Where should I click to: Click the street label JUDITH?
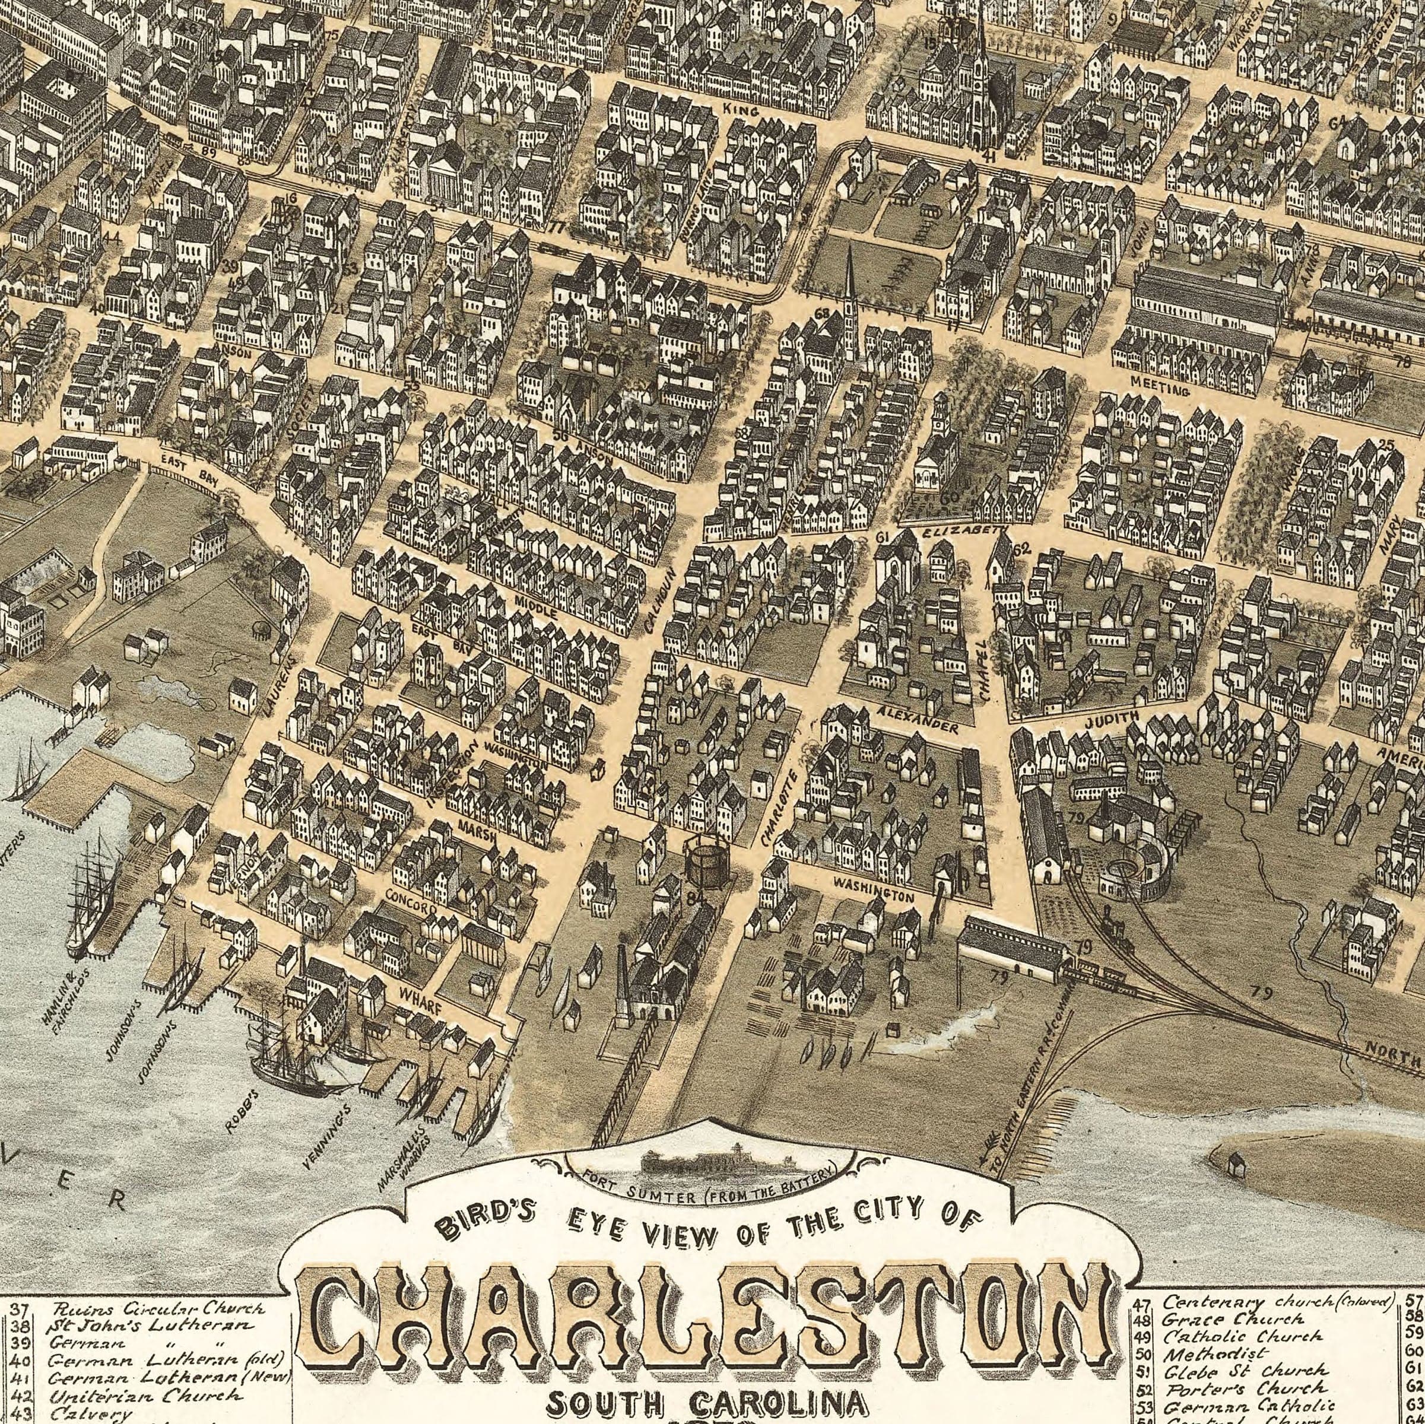point(1112,720)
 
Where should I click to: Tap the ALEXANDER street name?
point(918,719)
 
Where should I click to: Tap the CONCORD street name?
point(411,901)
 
